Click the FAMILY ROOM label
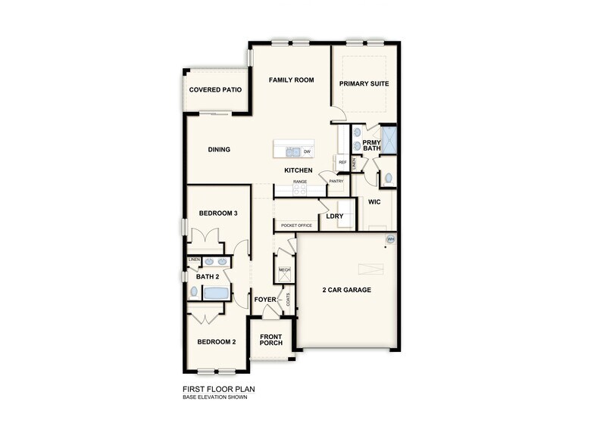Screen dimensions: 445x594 coord(292,80)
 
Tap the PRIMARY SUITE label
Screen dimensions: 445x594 coord(364,84)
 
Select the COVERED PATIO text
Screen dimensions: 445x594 coord(216,90)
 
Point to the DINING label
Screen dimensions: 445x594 coord(219,150)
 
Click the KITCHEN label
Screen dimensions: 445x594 coord(299,171)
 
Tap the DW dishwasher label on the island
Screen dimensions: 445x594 coord(308,151)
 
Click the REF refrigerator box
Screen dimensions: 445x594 coord(342,163)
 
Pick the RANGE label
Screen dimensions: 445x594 coord(300,182)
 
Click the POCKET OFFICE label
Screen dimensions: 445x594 coord(296,226)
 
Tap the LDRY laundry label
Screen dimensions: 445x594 coord(335,216)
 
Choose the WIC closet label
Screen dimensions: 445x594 coord(374,203)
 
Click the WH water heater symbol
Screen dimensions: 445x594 coord(391,239)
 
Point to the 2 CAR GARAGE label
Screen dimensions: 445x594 coord(346,290)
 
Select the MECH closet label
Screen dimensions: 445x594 coord(284,270)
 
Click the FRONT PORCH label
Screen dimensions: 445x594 coord(271,340)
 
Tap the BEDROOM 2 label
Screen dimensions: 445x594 coord(217,342)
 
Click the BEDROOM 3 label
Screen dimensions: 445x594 coord(219,213)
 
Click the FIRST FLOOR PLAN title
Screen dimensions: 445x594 coord(219,390)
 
